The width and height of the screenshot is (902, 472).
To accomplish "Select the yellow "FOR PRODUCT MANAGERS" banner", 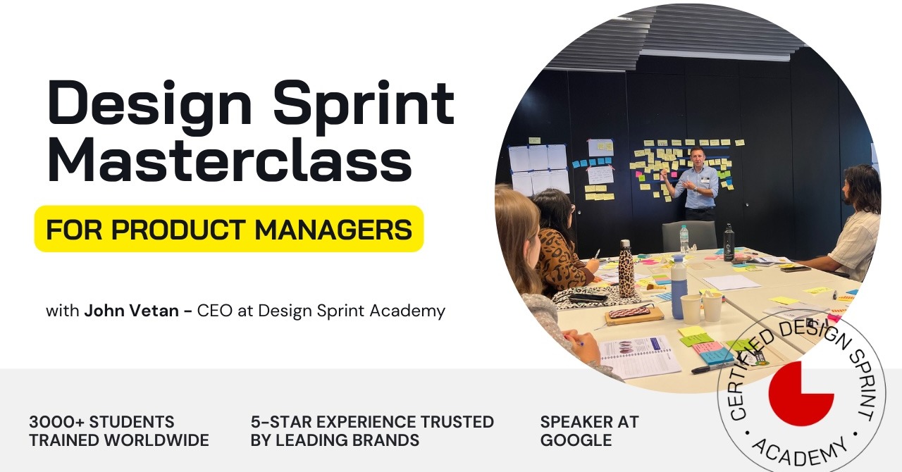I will [229, 229].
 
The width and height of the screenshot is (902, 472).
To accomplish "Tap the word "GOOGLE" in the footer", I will [576, 440].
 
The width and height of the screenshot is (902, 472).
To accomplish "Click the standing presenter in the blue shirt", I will [697, 187].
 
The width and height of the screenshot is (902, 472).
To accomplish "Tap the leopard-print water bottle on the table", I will [626, 268].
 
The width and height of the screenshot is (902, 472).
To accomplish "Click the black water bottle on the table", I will [729, 243].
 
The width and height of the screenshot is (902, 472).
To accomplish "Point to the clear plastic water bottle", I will [684, 239].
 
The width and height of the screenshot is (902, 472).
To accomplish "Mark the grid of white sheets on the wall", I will [538, 169].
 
